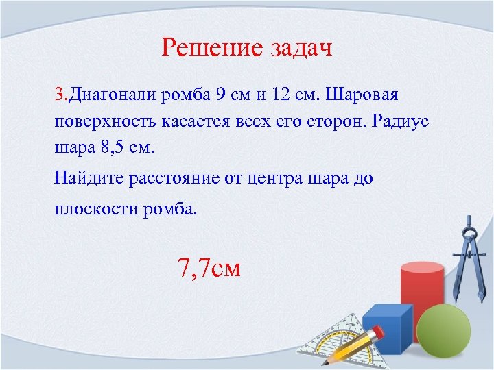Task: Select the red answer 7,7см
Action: (x=209, y=267)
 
